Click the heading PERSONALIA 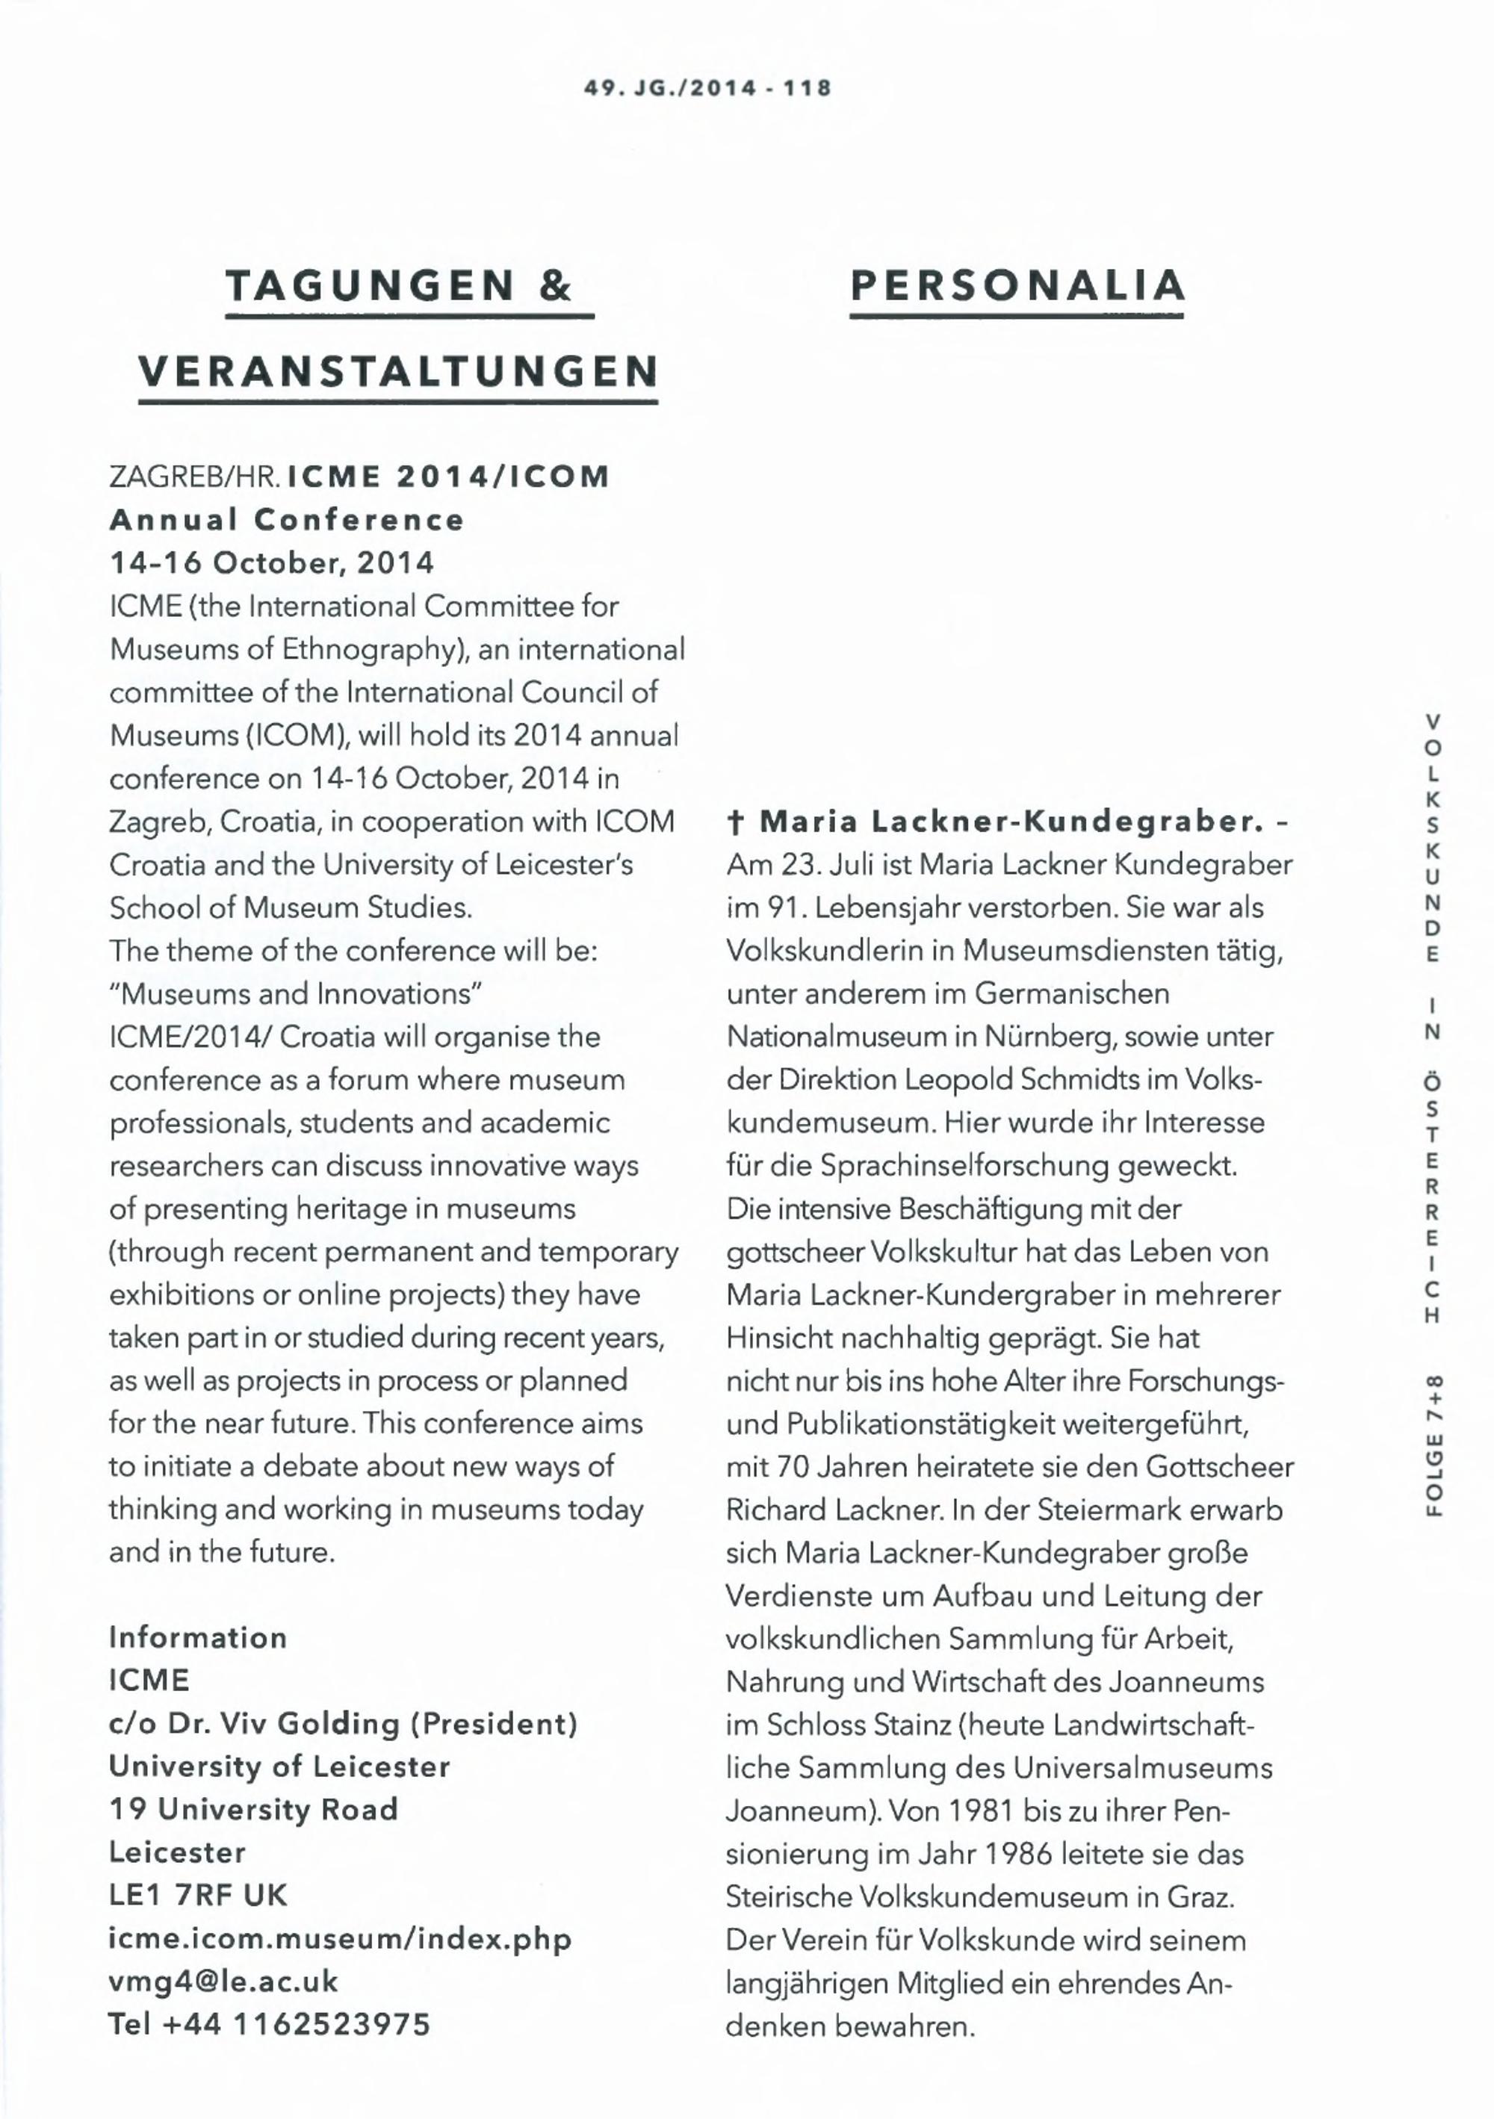click(1017, 285)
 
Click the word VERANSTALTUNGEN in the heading click(399, 372)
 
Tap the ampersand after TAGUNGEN click(556, 285)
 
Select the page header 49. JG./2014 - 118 click(707, 89)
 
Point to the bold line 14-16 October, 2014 click(271, 563)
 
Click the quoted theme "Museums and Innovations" click(297, 994)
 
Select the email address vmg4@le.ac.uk click(223, 1982)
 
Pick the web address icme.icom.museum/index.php click(341, 1939)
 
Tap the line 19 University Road click(254, 1810)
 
